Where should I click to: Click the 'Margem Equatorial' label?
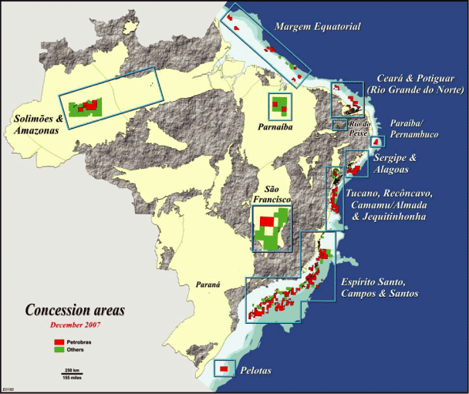click(318, 28)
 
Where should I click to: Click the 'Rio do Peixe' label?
click(359, 127)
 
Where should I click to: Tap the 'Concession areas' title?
click(75, 311)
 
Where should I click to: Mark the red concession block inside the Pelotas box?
click(224, 369)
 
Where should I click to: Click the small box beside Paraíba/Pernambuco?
click(377, 142)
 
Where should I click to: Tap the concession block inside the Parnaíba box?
click(278, 106)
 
